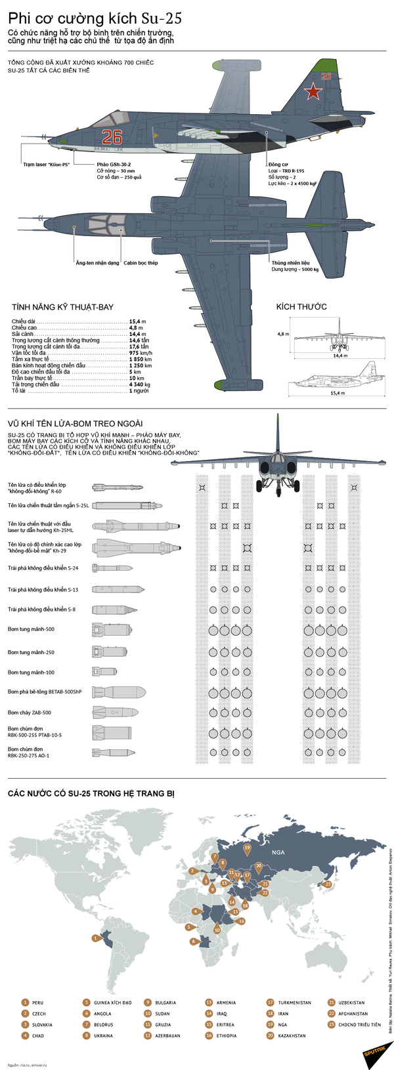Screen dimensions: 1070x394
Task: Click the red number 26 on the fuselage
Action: [112, 136]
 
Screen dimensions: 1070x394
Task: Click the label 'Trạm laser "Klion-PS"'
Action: [47, 164]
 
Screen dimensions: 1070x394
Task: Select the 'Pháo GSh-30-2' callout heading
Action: [114, 164]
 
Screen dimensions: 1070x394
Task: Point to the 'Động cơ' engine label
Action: [278, 164]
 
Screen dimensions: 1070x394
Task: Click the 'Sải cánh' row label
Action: [23, 334]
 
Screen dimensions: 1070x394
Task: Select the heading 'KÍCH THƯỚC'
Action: [301, 306]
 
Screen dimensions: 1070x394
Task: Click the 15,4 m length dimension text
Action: [337, 393]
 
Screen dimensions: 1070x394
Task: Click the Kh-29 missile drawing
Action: [135, 547]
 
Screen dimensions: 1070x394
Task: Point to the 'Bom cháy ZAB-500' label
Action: [30, 712]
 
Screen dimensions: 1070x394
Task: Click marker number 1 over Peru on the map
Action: [96, 938]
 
